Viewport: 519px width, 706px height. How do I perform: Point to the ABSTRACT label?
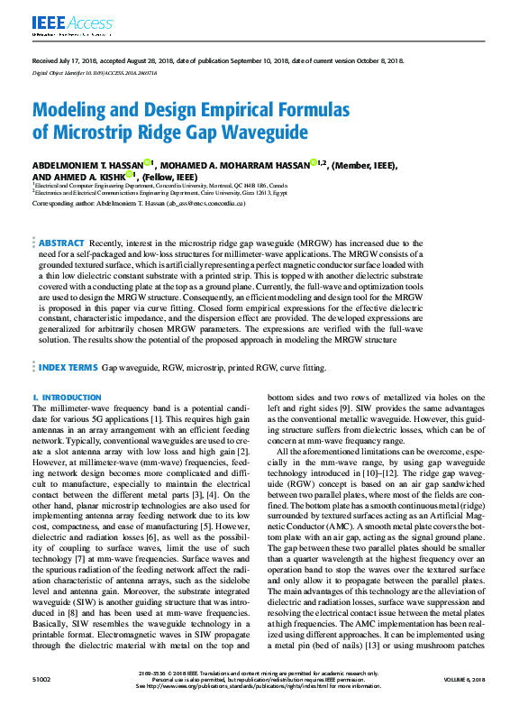61,243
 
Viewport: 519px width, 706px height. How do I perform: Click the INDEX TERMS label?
68,369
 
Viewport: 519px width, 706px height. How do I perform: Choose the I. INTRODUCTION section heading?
67,397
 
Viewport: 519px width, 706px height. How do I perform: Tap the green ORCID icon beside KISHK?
130,176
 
